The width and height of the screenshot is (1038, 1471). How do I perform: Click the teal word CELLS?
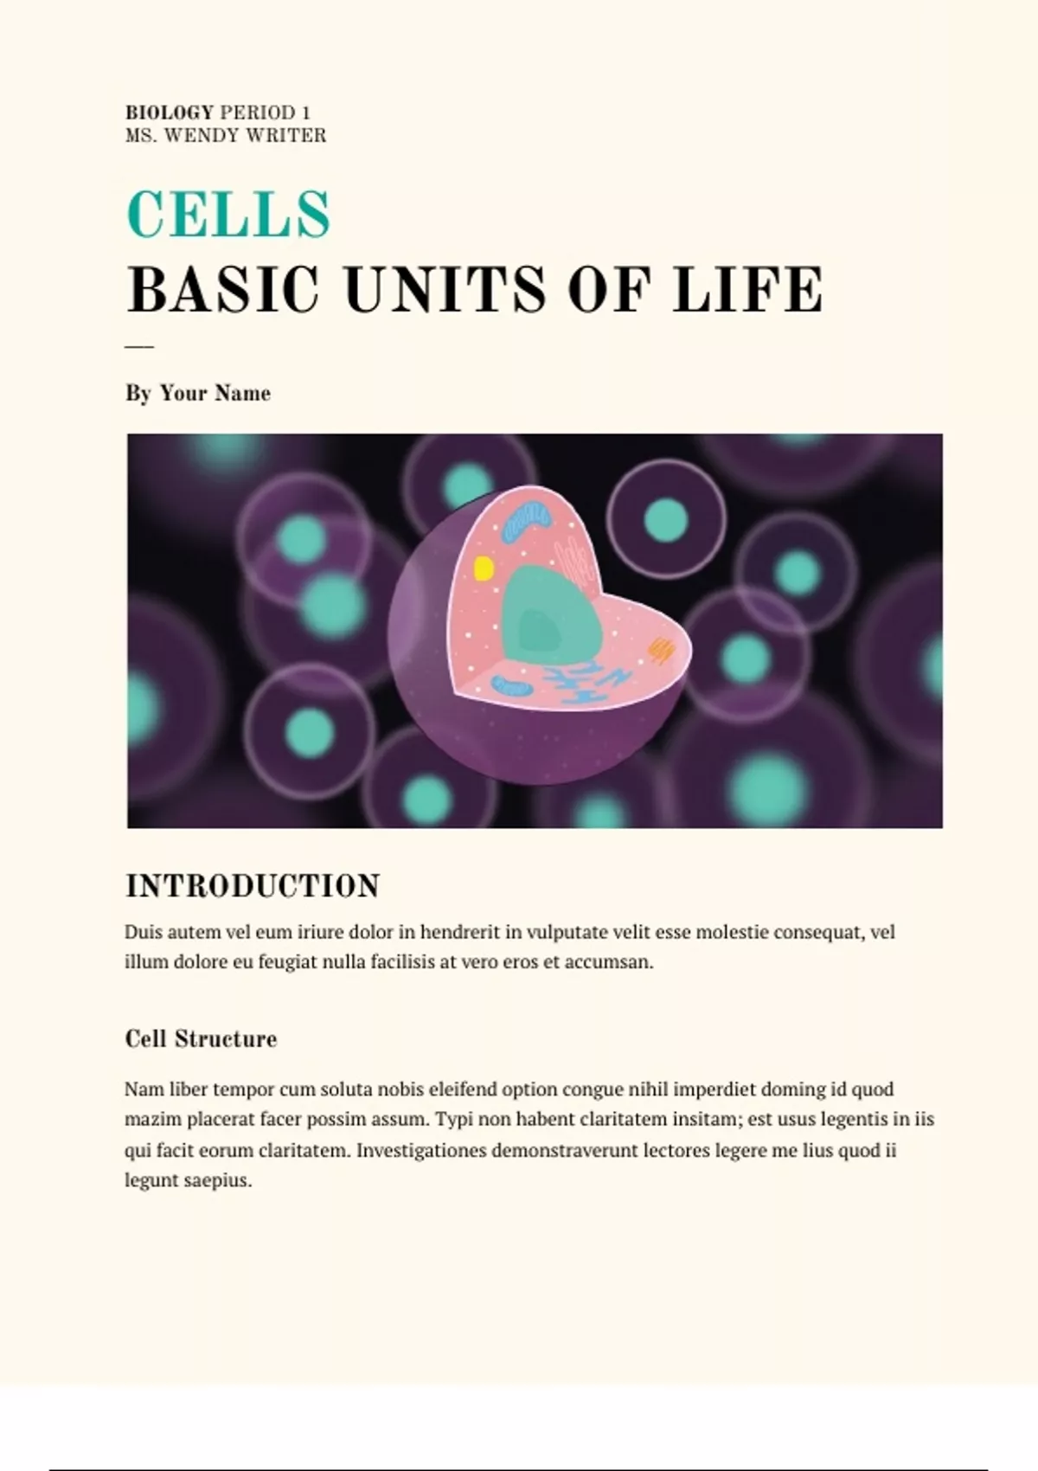click(x=228, y=214)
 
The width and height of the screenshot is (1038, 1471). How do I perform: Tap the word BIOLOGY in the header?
click(x=170, y=112)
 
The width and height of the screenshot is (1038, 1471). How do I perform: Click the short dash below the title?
click(x=139, y=346)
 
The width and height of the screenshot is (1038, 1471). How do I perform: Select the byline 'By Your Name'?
click(x=198, y=393)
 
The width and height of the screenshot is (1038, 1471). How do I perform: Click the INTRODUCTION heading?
click(x=253, y=886)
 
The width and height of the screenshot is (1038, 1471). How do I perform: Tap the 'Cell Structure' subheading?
click(x=201, y=1038)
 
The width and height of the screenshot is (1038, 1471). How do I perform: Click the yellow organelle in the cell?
click(x=484, y=568)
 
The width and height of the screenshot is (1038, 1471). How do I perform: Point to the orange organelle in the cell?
click(x=662, y=649)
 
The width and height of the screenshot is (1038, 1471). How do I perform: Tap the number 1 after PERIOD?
click(x=306, y=112)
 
